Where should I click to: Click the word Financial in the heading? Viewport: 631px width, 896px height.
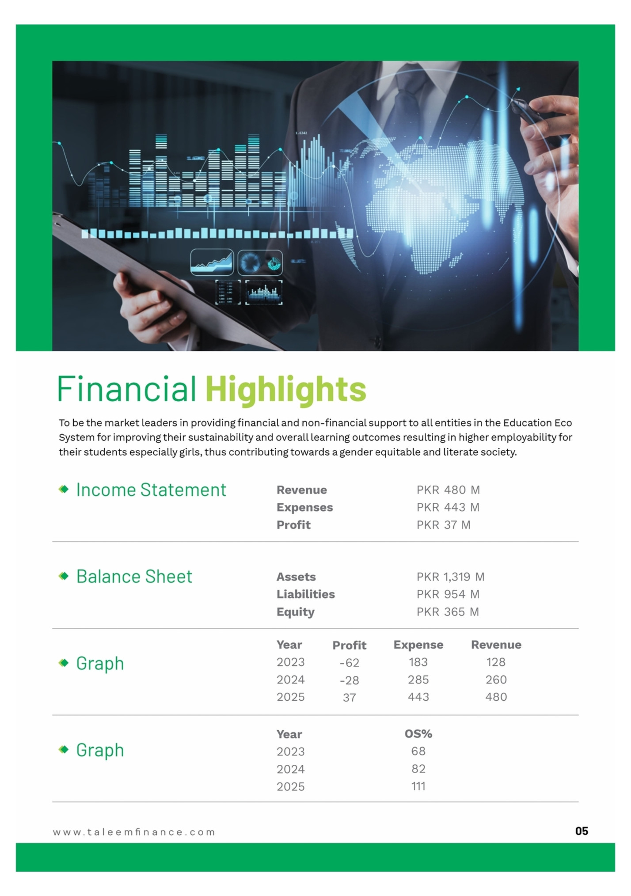(x=127, y=389)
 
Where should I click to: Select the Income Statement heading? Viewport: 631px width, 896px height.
(x=151, y=490)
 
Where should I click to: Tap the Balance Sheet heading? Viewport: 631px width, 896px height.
(x=134, y=577)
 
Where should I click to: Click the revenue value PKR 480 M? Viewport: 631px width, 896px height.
(x=448, y=490)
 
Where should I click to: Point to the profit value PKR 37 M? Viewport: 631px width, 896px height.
(x=444, y=525)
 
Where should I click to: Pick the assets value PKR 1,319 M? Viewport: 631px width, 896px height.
(x=451, y=577)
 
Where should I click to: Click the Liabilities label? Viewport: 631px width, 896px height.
(x=306, y=594)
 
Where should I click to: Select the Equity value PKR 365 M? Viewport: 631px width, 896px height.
(x=448, y=612)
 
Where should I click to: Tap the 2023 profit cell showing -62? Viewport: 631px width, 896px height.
(x=349, y=663)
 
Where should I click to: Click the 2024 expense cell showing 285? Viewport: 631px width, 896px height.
(x=418, y=680)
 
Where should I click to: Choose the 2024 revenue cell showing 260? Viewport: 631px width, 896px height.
(x=496, y=680)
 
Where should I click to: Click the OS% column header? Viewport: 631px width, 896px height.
(x=418, y=734)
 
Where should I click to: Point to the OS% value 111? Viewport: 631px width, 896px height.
(x=418, y=786)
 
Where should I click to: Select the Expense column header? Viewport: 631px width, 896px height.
(x=418, y=645)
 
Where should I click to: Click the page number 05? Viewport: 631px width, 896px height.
(x=582, y=831)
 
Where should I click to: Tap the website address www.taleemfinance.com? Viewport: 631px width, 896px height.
(x=134, y=832)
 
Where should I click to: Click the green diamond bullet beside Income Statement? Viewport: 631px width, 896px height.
(x=64, y=489)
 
